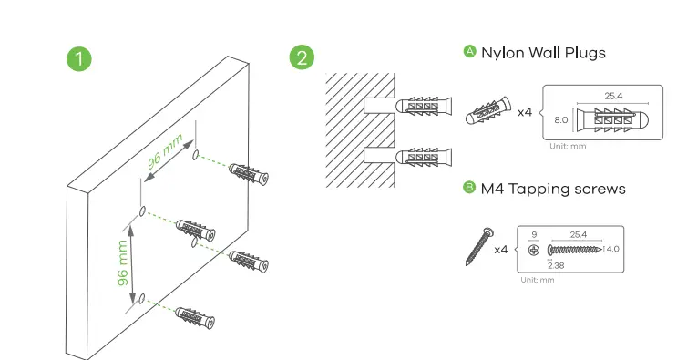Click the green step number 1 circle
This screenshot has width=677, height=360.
coord(79,58)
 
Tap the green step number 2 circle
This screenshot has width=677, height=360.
coord(302,57)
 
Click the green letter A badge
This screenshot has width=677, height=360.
coord(469,51)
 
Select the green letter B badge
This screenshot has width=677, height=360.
coord(469,188)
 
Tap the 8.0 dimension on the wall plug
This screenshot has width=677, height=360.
coord(561,120)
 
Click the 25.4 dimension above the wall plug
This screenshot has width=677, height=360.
coord(613,96)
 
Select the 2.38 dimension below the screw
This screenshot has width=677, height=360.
coord(556,265)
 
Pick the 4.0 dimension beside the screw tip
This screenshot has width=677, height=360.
coord(612,249)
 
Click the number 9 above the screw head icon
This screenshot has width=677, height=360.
coord(534,235)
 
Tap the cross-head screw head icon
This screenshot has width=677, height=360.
coord(534,250)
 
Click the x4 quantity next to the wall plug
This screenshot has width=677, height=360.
coord(525,113)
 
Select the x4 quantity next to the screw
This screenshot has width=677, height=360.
coord(501,250)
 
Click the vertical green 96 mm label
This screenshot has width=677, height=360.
coord(123,262)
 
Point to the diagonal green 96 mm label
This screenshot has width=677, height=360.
coord(165,151)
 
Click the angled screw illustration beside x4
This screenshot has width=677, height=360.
coord(479,246)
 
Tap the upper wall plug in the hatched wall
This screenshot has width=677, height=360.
coord(424,107)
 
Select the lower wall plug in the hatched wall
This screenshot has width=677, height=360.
coord(424,157)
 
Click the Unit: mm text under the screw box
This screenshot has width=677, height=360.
coord(537,280)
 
